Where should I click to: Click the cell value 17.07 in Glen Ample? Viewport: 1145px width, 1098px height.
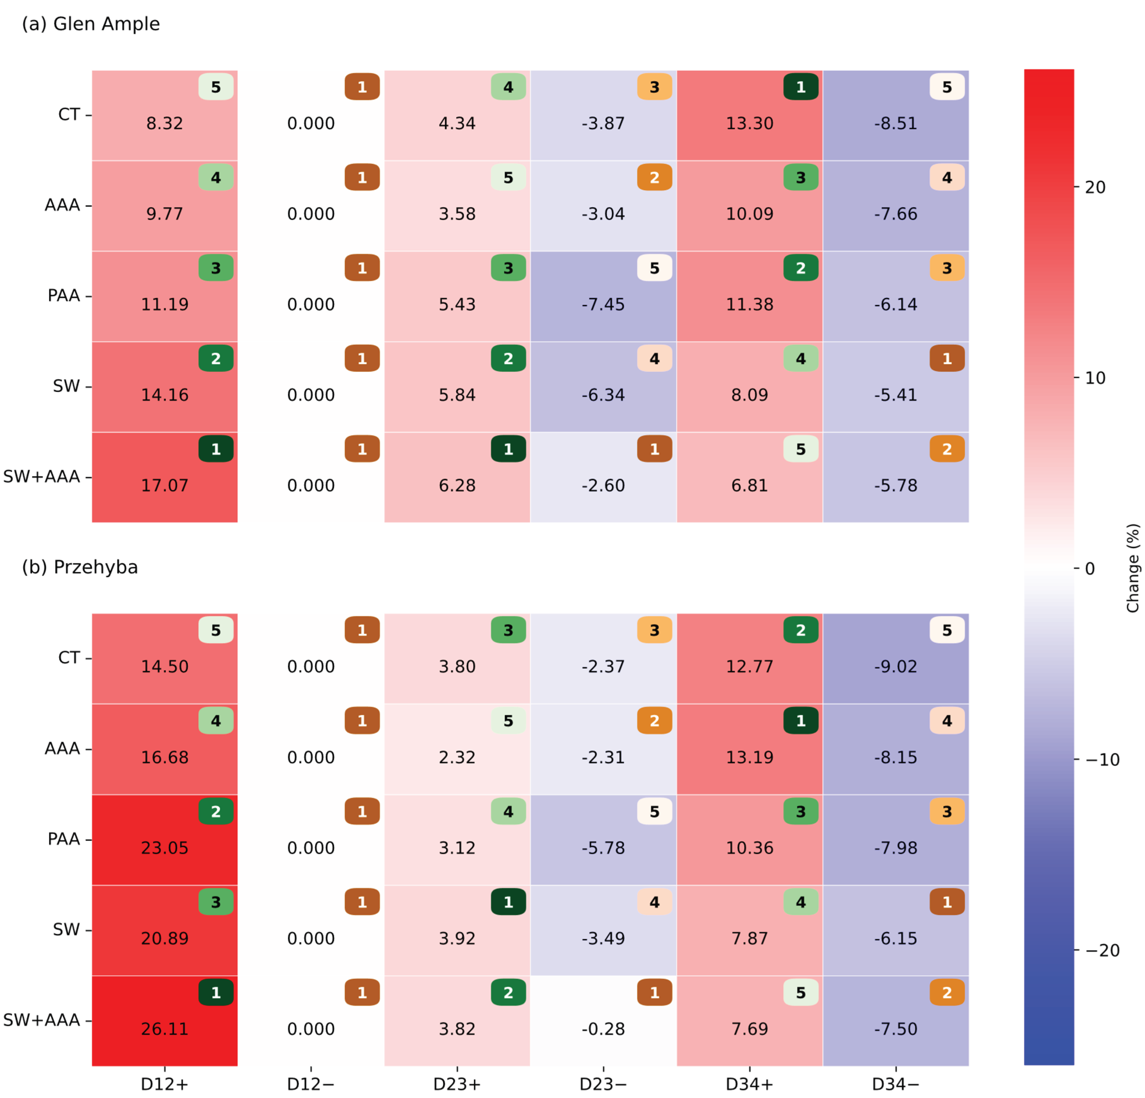coord(165,485)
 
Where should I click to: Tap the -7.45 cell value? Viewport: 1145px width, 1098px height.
coord(603,304)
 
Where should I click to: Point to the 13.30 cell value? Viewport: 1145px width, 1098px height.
coord(750,123)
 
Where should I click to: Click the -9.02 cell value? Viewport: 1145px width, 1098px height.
coord(895,666)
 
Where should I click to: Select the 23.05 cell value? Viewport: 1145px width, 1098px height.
coord(165,848)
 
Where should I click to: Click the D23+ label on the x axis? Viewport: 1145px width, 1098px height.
coord(457,1084)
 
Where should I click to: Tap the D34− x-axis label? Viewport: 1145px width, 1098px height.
coord(895,1084)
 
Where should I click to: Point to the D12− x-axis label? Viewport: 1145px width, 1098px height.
coord(311,1084)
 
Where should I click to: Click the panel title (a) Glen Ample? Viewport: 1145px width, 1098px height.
coord(90,24)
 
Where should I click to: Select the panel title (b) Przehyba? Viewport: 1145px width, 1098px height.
coord(80,567)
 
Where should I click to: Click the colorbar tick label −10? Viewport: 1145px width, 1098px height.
coord(1103,760)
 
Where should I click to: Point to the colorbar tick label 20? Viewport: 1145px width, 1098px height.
coord(1095,187)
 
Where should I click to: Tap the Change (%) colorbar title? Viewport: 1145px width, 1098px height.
coord(1133,568)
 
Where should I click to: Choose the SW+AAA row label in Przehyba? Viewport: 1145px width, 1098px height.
coord(42,1020)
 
